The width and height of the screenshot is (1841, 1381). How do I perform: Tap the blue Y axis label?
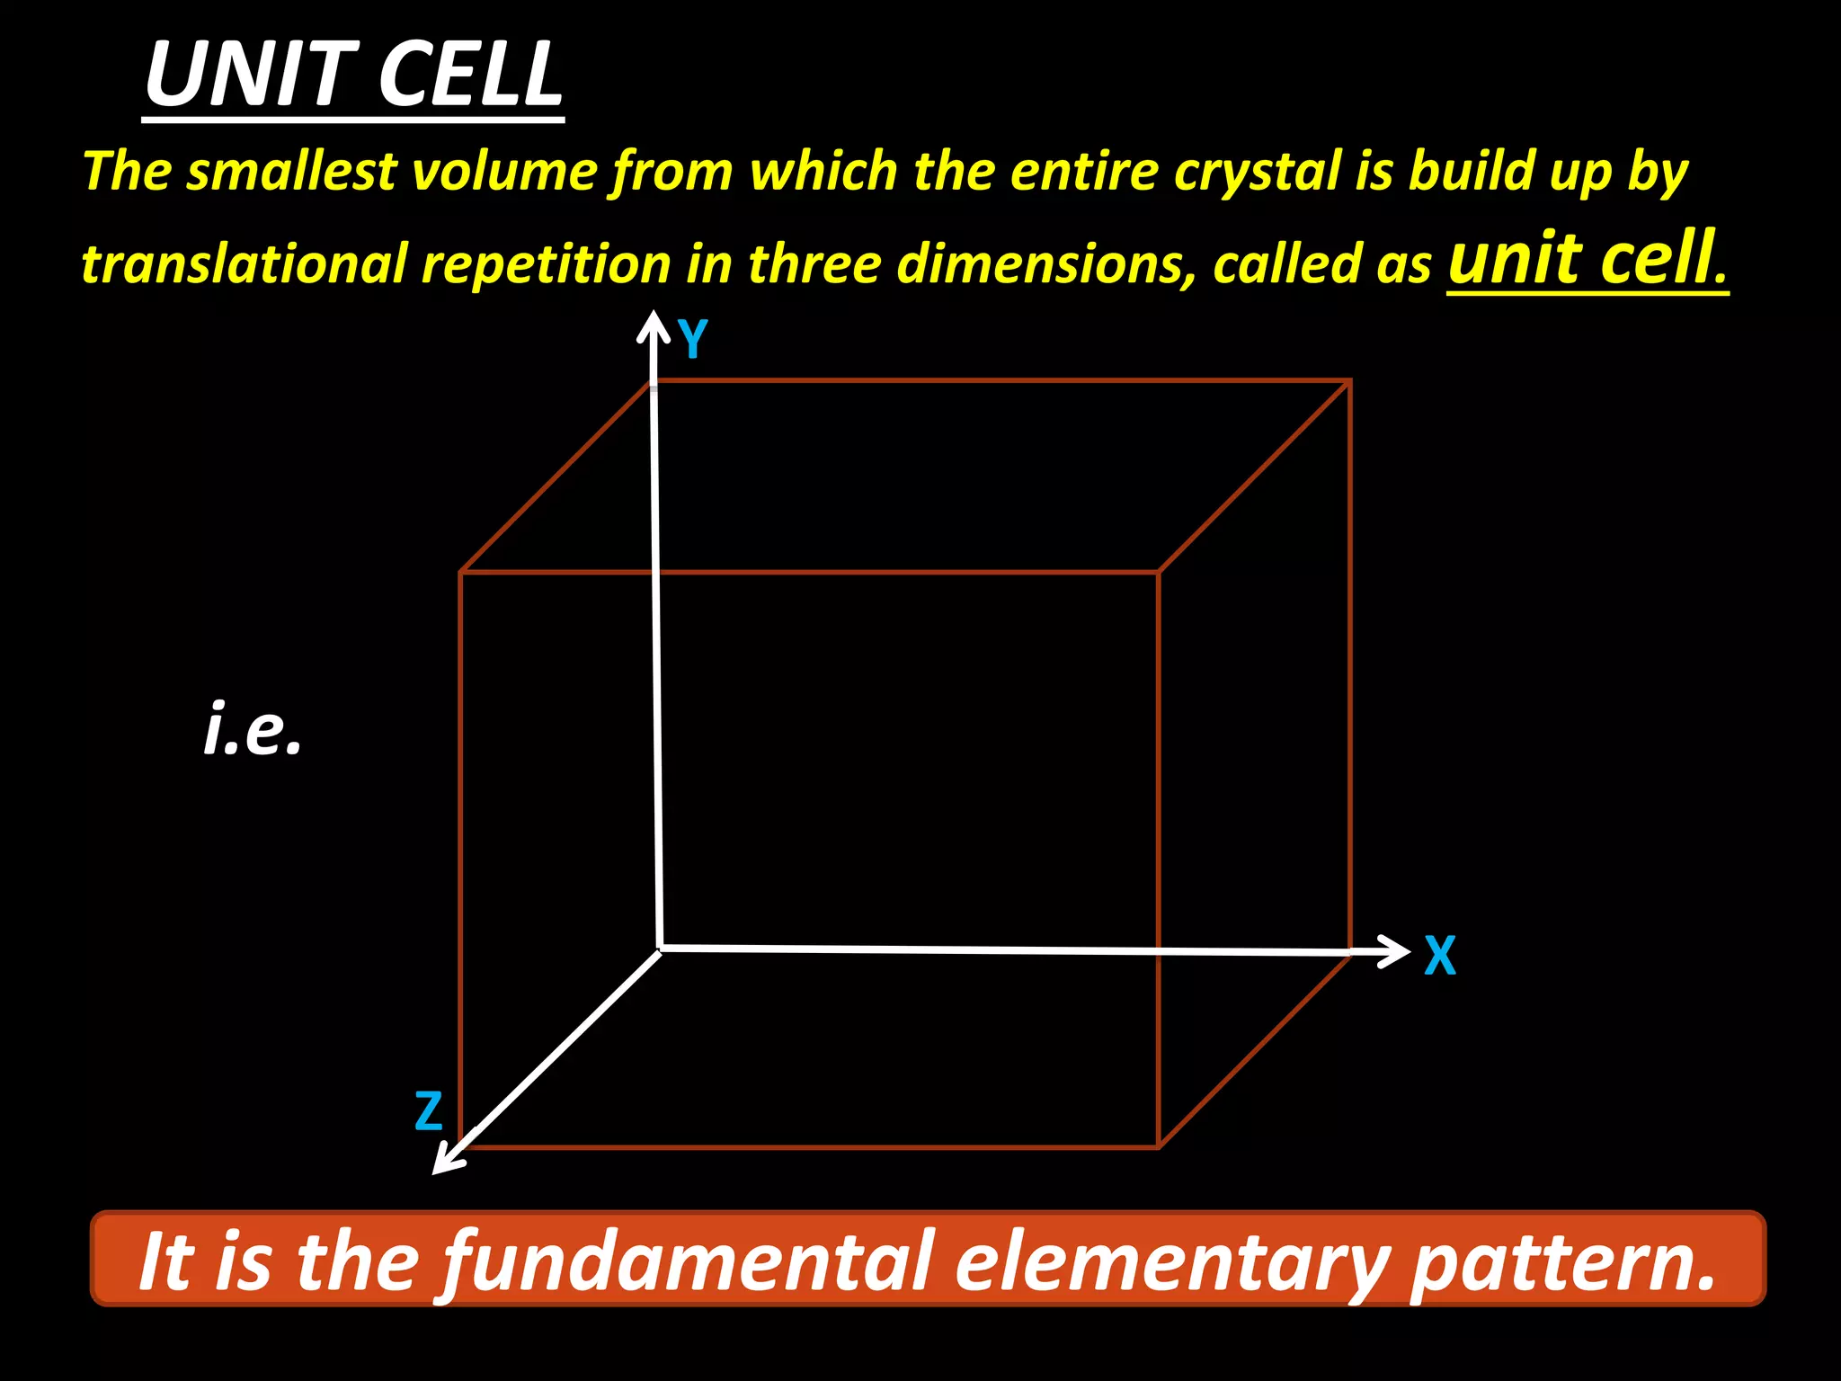[693, 340]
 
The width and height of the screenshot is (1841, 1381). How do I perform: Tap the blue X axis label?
[1439, 956]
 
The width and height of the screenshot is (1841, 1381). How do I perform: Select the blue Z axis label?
[429, 1111]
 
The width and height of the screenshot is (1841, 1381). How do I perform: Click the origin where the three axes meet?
[661, 949]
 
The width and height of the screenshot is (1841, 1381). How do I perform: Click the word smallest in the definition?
[291, 171]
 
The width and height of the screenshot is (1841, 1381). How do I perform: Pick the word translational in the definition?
[245, 264]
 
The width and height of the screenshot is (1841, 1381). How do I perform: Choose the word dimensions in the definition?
[1046, 264]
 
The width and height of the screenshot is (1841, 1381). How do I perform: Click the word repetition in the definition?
[547, 264]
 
